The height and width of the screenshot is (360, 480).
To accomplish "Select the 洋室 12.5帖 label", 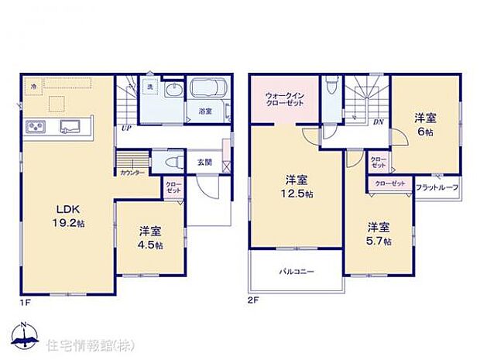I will [x=296, y=186].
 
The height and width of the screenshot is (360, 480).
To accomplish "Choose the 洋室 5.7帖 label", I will [x=379, y=234].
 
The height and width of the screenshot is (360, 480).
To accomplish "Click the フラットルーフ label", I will [x=437, y=188].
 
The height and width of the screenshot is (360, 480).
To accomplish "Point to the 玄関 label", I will [x=204, y=162].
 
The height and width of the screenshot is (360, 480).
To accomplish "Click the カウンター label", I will [x=131, y=173].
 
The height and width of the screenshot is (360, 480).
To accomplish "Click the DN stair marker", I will [x=379, y=122].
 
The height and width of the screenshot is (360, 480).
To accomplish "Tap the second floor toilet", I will [x=331, y=84].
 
